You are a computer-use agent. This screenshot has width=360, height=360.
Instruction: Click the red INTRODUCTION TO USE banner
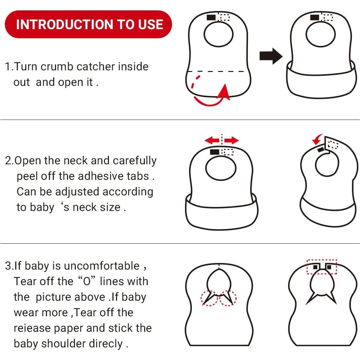point(88,24)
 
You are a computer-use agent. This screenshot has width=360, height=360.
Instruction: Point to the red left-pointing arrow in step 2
point(212,140)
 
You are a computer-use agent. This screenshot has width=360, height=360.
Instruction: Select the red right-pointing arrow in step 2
point(231,140)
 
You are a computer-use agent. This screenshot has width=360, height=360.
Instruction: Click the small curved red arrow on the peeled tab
point(318,139)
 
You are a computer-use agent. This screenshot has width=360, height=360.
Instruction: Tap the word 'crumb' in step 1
point(57,66)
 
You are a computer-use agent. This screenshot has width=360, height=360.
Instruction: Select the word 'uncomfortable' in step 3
point(101,266)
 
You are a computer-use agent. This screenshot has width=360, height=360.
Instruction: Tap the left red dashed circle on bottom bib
point(210,297)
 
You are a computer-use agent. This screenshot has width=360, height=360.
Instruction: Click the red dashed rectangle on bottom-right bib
point(322,267)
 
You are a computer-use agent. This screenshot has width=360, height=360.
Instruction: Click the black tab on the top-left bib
point(211,17)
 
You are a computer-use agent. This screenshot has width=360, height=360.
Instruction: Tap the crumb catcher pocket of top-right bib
point(320,81)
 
